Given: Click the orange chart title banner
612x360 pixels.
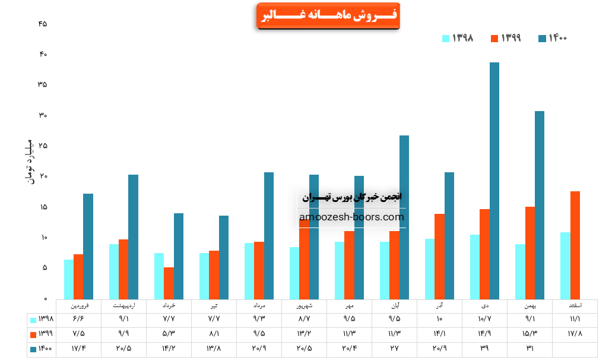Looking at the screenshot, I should pyautogui.click(x=328, y=16).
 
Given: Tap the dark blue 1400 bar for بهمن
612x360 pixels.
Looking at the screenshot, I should pyautogui.click(x=539, y=205).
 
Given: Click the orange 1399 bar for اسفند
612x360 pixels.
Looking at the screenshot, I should pyautogui.click(x=575, y=245).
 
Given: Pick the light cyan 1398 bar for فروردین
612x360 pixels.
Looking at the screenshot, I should pyautogui.click(x=69, y=279).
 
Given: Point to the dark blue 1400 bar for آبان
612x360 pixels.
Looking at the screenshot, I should pyautogui.click(x=404, y=217).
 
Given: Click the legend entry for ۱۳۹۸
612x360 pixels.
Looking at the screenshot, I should pyautogui.click(x=458, y=38).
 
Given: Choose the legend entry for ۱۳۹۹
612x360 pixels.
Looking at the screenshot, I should pyautogui.click(x=506, y=38).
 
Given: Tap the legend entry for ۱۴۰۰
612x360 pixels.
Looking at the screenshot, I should pyautogui.click(x=553, y=38).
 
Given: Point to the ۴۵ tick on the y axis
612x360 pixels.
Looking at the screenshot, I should pyautogui.click(x=42, y=24).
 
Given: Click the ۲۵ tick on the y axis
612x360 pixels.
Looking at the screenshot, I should pyautogui.click(x=42, y=146).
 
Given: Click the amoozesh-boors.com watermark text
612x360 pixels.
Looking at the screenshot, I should pyautogui.click(x=351, y=217).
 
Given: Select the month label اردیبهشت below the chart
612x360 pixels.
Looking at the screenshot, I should pyautogui.click(x=123, y=305).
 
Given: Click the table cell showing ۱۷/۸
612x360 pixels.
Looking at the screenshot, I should pyautogui.click(x=575, y=334).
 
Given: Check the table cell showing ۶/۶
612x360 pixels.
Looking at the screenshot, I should pyautogui.click(x=78, y=320).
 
